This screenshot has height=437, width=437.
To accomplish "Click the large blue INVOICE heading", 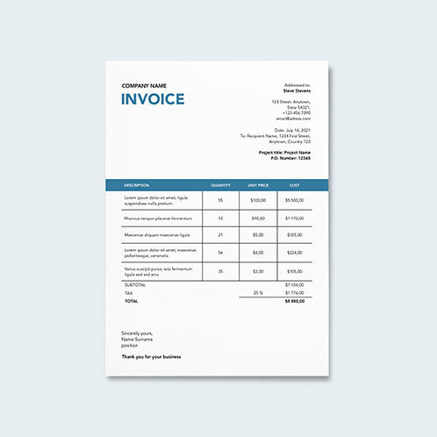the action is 153,98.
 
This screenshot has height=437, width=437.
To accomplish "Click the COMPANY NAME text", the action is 144,85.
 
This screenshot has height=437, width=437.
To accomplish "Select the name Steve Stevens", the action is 296,90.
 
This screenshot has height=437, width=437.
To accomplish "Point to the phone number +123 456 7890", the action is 297,112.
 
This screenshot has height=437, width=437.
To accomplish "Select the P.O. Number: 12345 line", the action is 291,158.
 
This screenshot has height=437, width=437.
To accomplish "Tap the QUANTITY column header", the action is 220,185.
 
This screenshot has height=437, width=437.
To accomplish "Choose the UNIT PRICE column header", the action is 258,185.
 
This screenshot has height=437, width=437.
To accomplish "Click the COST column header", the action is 294,185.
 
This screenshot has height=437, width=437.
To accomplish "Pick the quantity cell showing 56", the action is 220,253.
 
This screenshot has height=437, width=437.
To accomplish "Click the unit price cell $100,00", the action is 258,200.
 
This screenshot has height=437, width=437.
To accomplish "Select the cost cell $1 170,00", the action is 294,218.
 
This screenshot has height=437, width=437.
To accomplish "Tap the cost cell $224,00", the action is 294,253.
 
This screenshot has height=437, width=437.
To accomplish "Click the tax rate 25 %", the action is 258,292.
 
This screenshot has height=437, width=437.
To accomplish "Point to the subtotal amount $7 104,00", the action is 294,285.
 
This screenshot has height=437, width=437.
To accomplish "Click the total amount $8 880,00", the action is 294,301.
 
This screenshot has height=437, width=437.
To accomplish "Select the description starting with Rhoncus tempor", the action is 157,218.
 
